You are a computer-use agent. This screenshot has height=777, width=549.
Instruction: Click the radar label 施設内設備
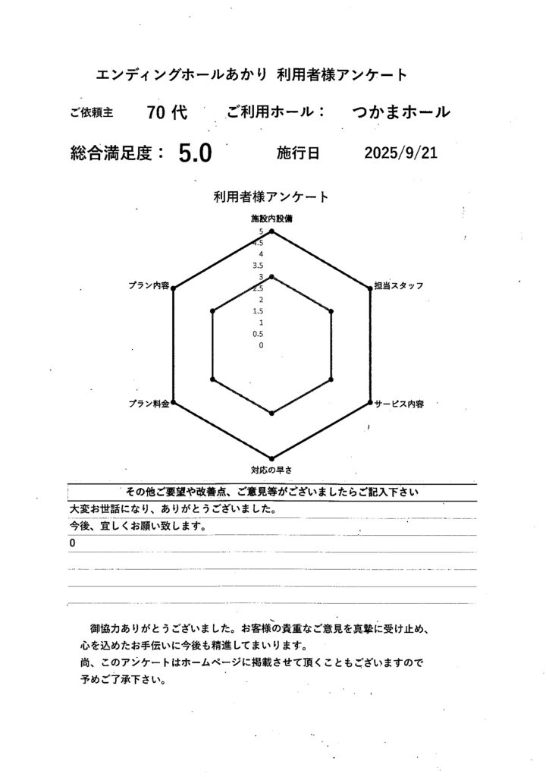(x=271, y=219)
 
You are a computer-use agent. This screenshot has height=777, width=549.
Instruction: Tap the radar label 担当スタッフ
(x=398, y=286)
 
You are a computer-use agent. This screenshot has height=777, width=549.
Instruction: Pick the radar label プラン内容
(x=149, y=286)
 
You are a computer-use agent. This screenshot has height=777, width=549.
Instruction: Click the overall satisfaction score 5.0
(x=195, y=154)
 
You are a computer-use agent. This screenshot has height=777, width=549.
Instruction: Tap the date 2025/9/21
(x=400, y=153)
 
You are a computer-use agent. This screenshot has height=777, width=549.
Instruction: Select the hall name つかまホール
(x=401, y=112)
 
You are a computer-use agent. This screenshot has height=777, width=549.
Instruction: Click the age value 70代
(x=167, y=112)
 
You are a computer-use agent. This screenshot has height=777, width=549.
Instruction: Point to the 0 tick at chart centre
(x=261, y=345)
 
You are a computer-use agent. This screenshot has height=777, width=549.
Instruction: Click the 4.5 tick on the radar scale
(x=259, y=243)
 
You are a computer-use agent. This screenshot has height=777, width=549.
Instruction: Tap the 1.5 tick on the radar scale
(x=259, y=311)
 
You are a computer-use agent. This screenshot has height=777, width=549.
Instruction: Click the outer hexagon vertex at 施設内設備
(x=271, y=231)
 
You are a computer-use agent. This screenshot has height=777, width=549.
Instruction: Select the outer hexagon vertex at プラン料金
(x=174, y=401)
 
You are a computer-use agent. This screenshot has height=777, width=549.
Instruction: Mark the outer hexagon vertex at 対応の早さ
(x=271, y=458)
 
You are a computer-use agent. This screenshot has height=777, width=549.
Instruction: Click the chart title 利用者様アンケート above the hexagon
(x=271, y=197)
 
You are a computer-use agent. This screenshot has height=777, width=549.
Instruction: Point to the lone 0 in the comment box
(x=72, y=544)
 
